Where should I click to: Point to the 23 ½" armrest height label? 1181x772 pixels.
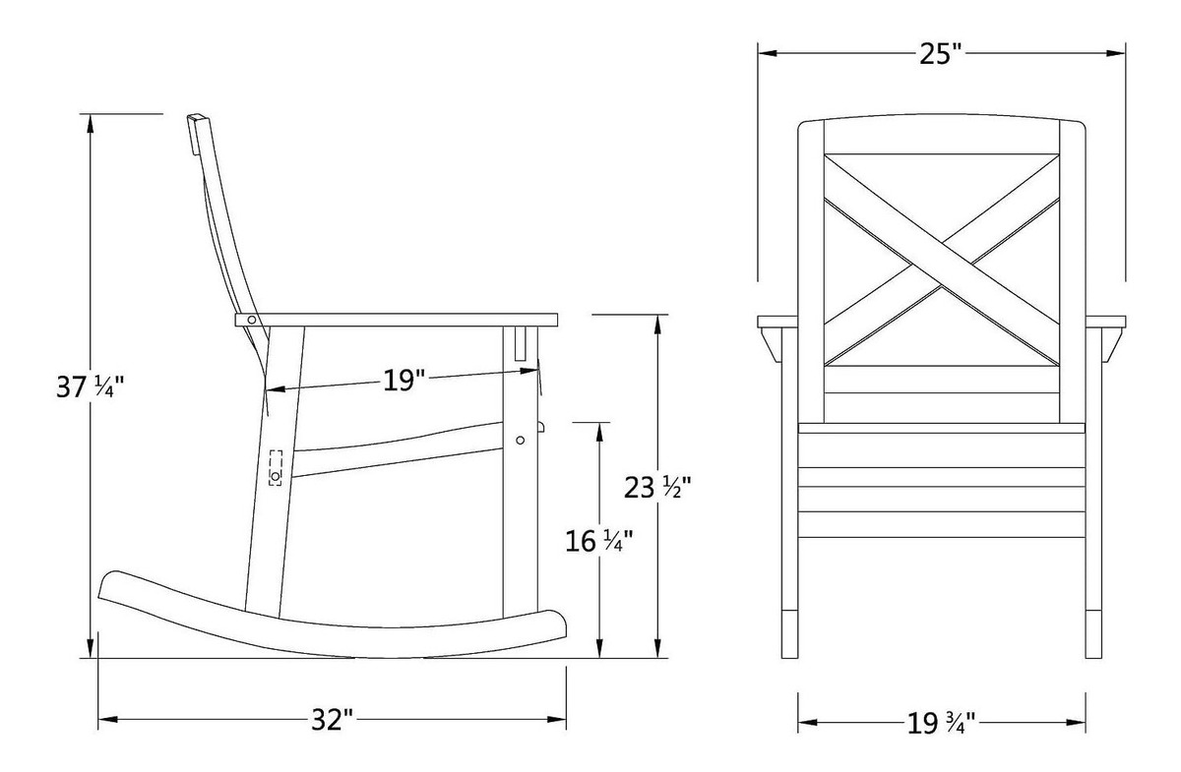pos(651,486)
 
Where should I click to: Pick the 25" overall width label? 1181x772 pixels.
pos(940,54)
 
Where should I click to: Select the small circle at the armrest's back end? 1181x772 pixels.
pos(253,320)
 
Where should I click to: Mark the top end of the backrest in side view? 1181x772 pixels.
pos(197,119)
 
